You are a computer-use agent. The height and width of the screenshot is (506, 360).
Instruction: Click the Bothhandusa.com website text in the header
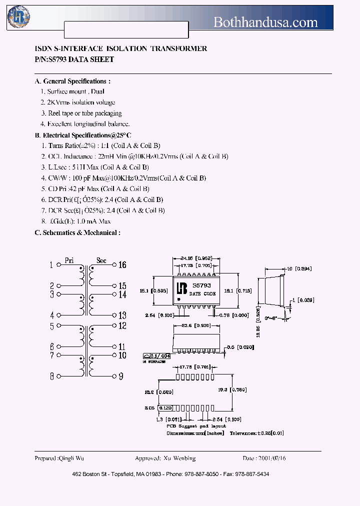[x=265, y=22]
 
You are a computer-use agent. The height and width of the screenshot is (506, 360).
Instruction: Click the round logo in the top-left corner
[x=18, y=16]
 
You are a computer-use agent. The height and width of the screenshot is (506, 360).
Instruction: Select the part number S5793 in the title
[x=58, y=59]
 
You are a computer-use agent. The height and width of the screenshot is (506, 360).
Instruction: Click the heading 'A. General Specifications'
[x=72, y=81]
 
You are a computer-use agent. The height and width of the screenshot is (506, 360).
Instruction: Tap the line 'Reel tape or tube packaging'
[x=81, y=113]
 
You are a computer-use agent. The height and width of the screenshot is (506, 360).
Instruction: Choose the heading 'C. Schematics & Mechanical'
[x=77, y=232]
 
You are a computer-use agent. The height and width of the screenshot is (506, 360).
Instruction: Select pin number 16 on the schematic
[x=122, y=265]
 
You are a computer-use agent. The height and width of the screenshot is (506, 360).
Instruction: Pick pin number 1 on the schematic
[x=51, y=265]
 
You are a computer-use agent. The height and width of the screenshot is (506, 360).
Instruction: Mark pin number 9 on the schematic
[x=120, y=376]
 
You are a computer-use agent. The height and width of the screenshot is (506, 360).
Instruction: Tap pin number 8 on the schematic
[x=51, y=376]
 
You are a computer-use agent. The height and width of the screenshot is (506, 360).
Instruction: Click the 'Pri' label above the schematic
[x=69, y=260]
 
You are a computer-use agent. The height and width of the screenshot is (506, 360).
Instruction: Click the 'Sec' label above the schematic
[x=101, y=260]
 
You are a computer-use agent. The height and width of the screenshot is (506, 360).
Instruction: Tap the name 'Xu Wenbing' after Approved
[x=179, y=458]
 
